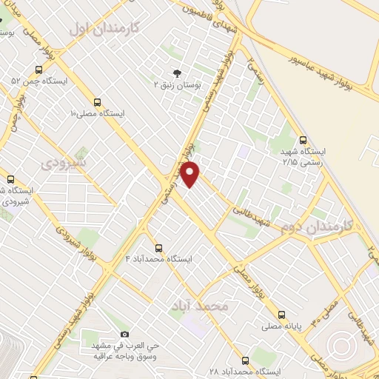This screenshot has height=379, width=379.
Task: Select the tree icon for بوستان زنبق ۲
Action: (176, 73)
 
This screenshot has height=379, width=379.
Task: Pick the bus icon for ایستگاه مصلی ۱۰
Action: (97, 102)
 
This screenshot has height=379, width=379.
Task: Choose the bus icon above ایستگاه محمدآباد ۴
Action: (158, 247)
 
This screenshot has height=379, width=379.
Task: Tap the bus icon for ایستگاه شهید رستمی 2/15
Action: (303, 140)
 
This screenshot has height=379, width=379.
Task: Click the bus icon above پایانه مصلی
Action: (281, 314)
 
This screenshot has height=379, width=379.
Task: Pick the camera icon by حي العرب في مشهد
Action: (124, 335)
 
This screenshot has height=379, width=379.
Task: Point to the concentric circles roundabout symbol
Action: (343, 346)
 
